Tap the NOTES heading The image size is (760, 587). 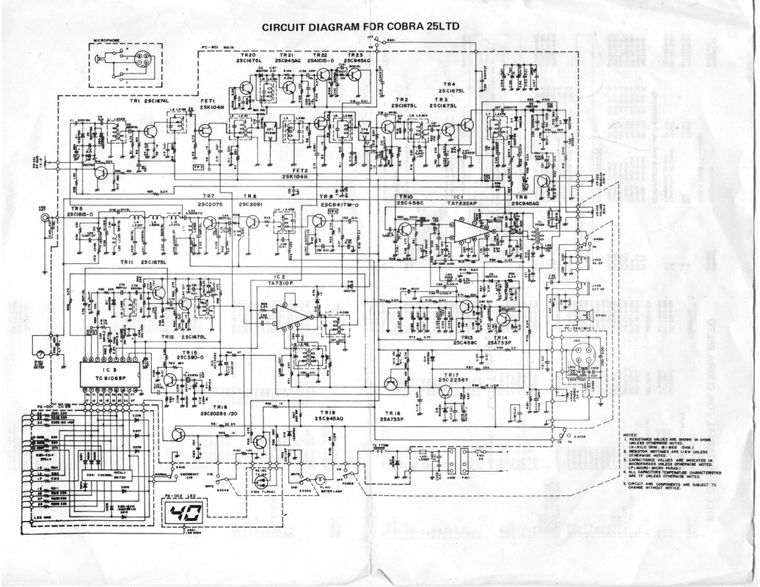[x=629, y=434]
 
